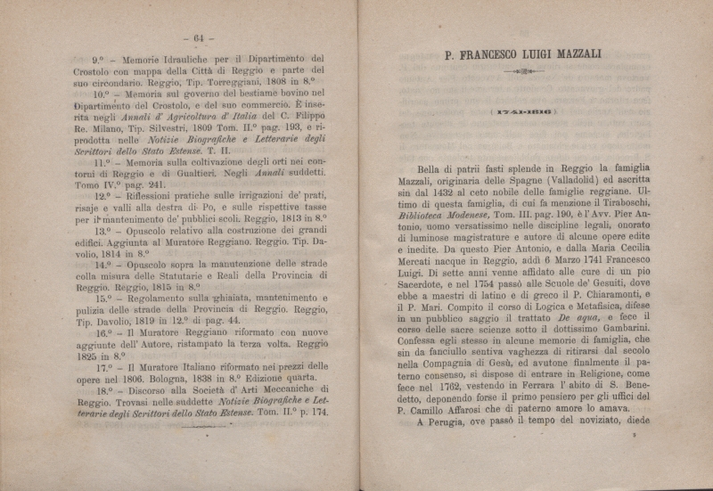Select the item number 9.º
pos(87,60)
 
